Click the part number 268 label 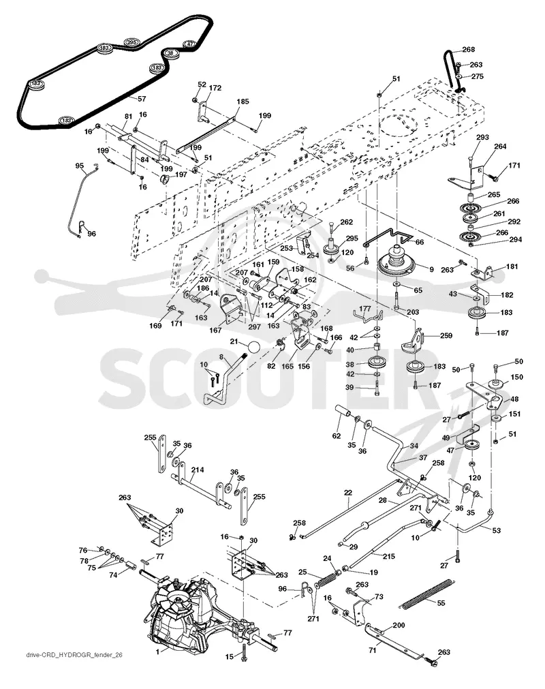pos(469,50)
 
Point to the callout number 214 pos(198,470)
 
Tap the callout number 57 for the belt pos(142,99)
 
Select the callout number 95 pos(80,166)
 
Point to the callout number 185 pos(243,102)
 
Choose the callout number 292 pos(514,221)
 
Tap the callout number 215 pos(389,556)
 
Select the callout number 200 pos(399,626)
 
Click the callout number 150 pos(517,377)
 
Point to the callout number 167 pos(215,330)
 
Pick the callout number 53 pos(496,531)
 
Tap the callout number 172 pos(215,88)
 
